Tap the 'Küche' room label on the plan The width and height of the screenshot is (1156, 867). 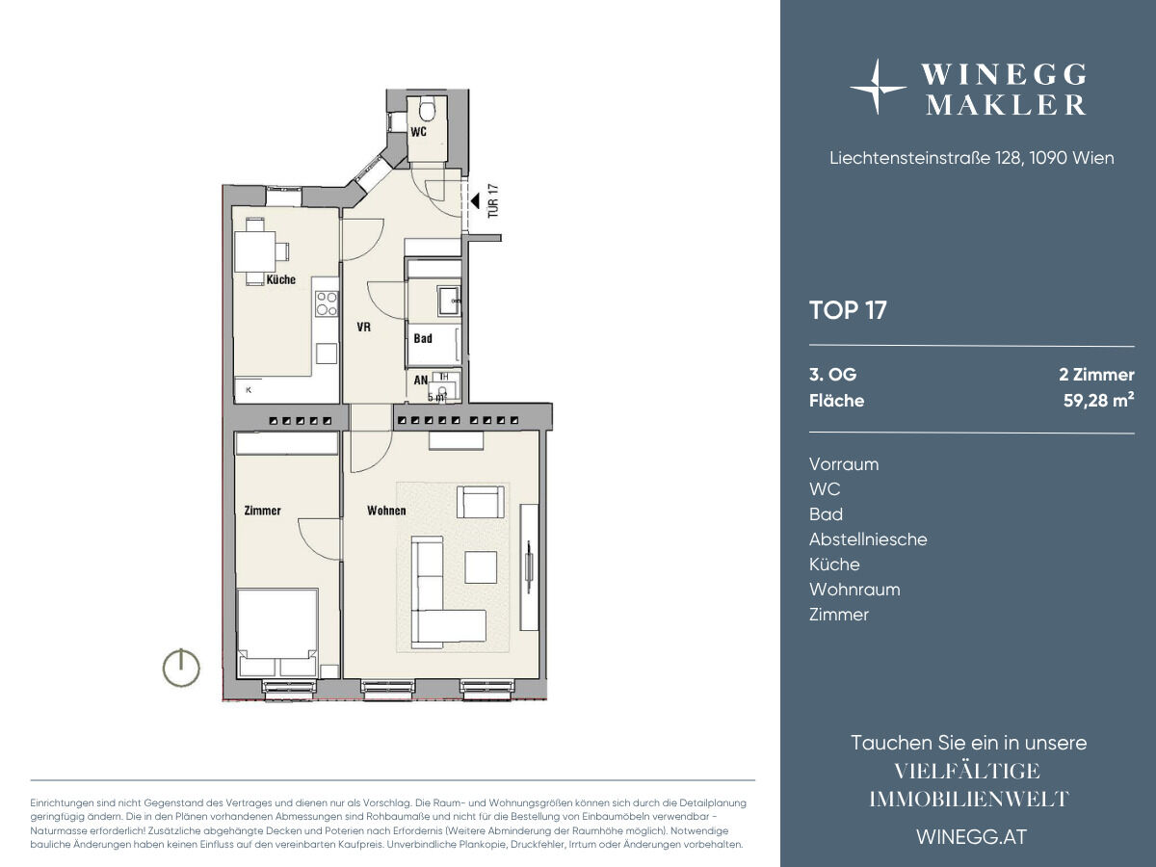280,279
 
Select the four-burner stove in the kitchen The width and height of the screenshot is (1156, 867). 327,303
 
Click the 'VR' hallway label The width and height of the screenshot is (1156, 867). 363,327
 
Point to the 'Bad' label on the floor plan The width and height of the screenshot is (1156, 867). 422,338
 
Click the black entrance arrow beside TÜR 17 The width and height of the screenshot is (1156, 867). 475,200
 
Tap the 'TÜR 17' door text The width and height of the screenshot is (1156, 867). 493,200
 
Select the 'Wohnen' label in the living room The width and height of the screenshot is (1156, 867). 386,511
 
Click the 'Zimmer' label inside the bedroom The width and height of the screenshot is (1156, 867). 262,511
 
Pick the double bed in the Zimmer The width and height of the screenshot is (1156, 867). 277,633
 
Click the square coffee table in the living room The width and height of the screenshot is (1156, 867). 481,567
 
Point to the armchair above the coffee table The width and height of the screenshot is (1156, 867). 481,502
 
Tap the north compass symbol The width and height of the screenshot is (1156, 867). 181,668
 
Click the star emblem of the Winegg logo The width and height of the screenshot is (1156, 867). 878,87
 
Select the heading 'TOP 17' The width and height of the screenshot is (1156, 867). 848,310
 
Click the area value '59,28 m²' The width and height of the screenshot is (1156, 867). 1098,400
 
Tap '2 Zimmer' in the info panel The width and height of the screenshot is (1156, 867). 1096,375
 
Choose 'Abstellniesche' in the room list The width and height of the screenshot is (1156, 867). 868,539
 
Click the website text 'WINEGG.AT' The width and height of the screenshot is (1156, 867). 972,837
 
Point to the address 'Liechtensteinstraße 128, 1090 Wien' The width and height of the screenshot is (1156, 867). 972,158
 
